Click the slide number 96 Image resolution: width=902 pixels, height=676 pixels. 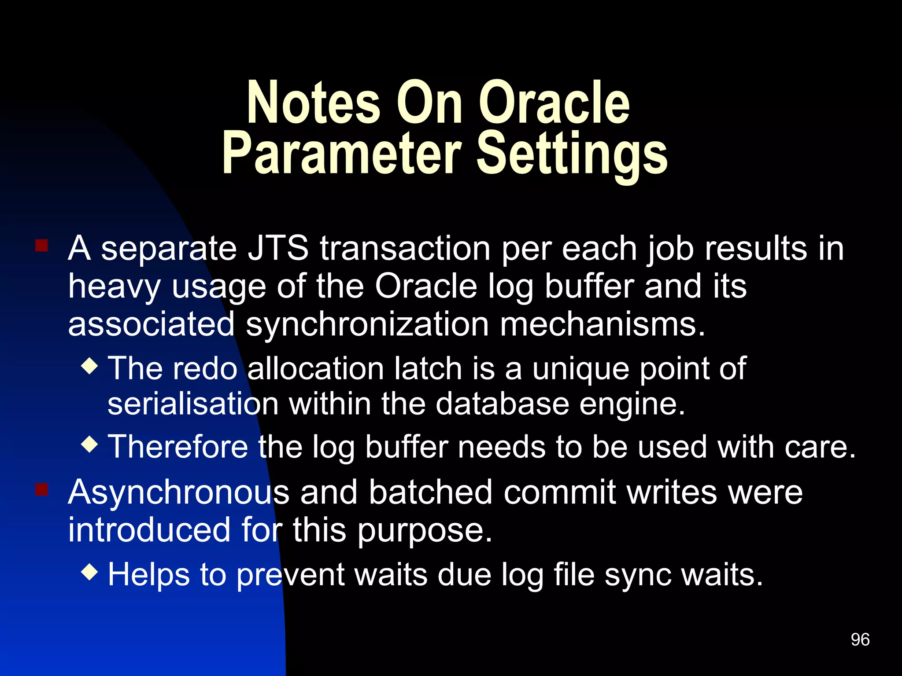pos(860,639)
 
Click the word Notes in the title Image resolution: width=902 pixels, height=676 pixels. pos(313,103)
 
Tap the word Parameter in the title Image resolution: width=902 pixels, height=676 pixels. pos(342,154)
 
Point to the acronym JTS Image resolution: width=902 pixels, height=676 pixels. pos(278,249)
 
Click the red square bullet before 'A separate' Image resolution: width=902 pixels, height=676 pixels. pos(41,245)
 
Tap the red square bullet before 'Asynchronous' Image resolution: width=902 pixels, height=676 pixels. pos(41,489)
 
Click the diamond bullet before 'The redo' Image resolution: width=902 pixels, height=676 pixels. pos(90,366)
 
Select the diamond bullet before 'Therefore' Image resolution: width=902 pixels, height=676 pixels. pos(90,444)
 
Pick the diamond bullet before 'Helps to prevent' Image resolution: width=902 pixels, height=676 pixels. pos(90,572)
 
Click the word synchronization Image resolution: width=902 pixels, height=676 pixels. pos(367,325)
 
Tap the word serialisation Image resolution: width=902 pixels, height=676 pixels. pos(193,404)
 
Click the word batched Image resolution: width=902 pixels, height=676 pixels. pos(430,492)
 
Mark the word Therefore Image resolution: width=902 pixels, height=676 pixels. pos(178,447)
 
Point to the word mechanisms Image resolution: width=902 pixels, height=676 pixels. pos(602,325)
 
